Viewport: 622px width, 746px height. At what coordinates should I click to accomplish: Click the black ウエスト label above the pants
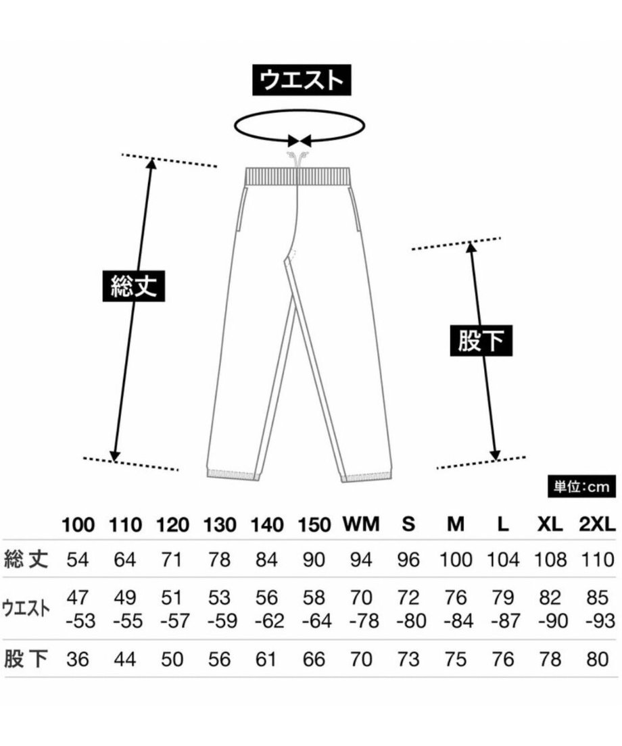point(302,80)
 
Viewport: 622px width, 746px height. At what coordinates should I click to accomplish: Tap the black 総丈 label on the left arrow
point(134,286)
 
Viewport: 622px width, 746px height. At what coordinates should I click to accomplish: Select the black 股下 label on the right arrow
point(481,341)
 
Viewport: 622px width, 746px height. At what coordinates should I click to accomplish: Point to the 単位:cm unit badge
point(581,487)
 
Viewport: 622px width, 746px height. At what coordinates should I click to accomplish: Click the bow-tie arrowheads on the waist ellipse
point(300,141)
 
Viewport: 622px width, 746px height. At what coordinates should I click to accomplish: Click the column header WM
point(361,524)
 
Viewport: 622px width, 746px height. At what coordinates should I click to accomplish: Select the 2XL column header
point(597,524)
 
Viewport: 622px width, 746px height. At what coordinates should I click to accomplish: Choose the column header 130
point(220,525)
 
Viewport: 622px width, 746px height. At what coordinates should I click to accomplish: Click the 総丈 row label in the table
point(26,559)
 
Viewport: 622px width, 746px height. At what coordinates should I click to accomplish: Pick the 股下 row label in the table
point(26,659)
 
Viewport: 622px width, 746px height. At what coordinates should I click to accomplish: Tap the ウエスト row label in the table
point(26,609)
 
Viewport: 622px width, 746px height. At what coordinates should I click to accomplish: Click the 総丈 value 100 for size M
point(456,560)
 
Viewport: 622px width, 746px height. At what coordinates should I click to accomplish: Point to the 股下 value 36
point(78,660)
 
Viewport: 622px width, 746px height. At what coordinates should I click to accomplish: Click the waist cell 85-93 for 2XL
point(599,609)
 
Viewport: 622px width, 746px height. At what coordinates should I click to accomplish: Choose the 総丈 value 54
point(78,560)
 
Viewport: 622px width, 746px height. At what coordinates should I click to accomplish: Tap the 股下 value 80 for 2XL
point(598,660)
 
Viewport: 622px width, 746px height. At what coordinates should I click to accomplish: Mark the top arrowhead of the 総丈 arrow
point(151,164)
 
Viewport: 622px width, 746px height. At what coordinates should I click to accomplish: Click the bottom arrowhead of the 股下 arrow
point(495,455)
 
